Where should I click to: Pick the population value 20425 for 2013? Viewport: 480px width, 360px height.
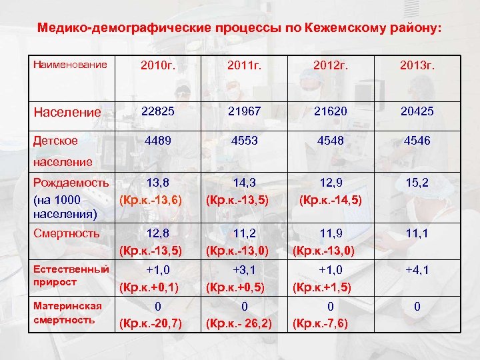point(417,111)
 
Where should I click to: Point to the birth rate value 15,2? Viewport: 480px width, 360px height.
point(417,181)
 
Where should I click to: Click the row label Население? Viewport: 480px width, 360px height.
point(67,112)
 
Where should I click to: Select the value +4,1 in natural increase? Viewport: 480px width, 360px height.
point(417,271)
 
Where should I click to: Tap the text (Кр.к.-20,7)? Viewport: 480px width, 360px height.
point(151,324)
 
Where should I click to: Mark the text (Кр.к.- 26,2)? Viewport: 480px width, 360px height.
point(239,324)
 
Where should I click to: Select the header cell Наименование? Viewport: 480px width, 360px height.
point(69,65)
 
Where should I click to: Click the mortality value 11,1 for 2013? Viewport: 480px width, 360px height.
point(417,233)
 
